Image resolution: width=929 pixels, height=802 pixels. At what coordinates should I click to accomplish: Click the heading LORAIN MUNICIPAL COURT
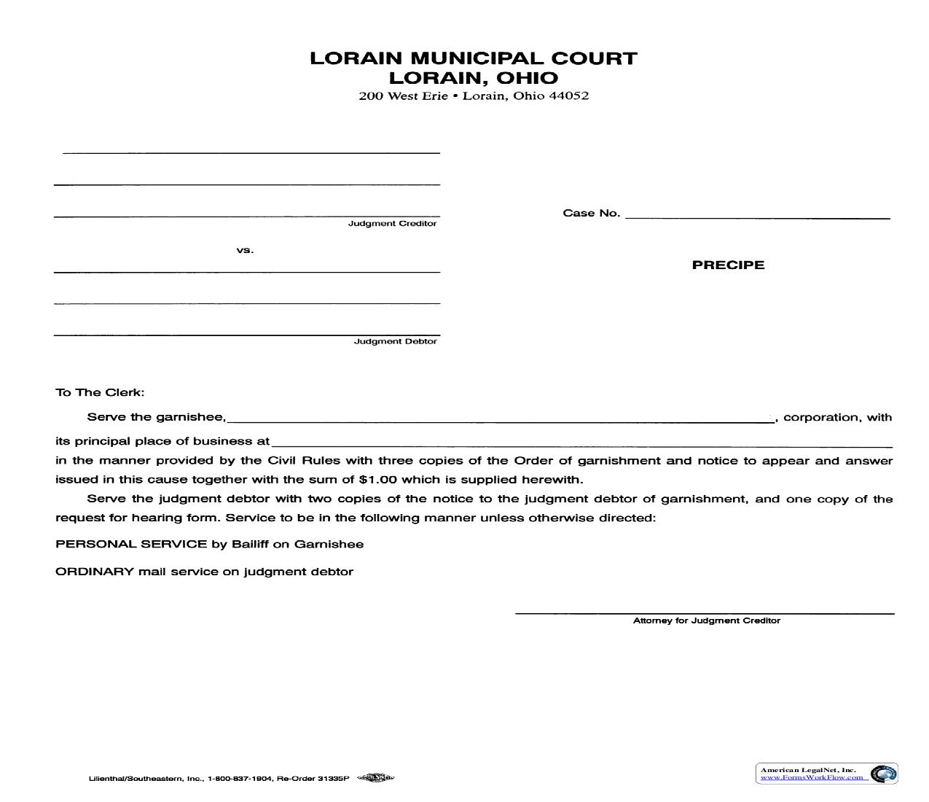[474, 58]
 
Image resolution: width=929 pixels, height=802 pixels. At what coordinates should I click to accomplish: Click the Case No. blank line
[758, 217]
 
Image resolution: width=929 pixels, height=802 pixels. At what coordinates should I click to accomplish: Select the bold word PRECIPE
[728, 265]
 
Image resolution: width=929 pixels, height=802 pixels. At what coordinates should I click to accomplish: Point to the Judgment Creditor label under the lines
[392, 224]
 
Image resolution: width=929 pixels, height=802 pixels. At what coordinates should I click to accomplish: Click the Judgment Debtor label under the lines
[396, 341]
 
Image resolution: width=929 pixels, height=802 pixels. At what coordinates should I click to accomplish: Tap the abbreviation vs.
[245, 250]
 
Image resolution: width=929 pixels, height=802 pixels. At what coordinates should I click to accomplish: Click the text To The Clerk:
[100, 392]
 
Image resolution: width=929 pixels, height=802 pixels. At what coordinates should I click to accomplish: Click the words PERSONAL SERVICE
[131, 544]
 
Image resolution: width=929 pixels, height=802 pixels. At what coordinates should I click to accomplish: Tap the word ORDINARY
[95, 572]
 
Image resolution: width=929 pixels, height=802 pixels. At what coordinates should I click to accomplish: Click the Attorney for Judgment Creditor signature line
[705, 612]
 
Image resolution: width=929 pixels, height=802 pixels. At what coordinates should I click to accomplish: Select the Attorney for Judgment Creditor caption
[706, 620]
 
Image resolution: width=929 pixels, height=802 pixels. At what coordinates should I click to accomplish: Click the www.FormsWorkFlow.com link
[812, 777]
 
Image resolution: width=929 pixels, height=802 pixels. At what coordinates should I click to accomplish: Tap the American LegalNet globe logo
[884, 774]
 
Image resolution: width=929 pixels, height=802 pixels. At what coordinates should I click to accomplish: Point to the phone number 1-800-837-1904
[240, 779]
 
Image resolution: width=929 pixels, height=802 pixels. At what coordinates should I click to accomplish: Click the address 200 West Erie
[403, 96]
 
